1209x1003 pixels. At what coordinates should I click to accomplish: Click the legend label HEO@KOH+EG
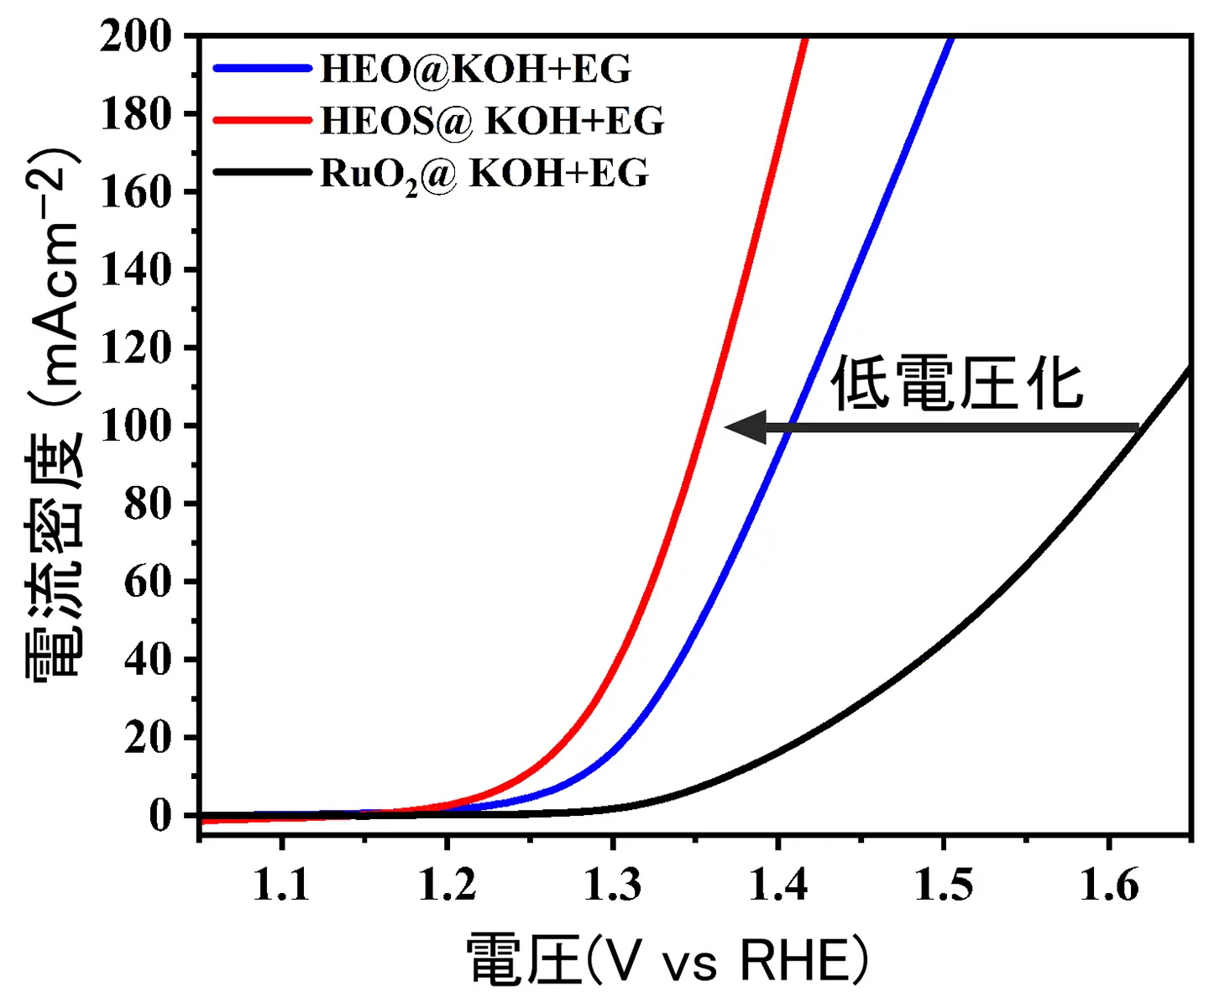[475, 69]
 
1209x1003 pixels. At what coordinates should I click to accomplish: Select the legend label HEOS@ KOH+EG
[492, 121]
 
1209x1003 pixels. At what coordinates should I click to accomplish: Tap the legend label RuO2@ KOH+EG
[484, 174]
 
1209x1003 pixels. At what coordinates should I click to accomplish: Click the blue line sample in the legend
[262, 68]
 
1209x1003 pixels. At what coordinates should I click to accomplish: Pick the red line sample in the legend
[262, 120]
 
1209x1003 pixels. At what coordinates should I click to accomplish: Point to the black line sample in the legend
[262, 173]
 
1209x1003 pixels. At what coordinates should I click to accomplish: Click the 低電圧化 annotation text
[957, 384]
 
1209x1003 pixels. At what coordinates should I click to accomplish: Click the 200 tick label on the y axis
[135, 36]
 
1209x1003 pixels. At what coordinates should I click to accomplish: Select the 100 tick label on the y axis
[135, 426]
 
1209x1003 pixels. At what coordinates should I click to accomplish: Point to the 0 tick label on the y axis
[160, 815]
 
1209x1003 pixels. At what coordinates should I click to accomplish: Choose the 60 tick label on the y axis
[148, 582]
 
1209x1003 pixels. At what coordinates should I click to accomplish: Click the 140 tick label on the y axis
[135, 270]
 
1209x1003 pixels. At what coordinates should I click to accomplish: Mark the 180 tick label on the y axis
[135, 114]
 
